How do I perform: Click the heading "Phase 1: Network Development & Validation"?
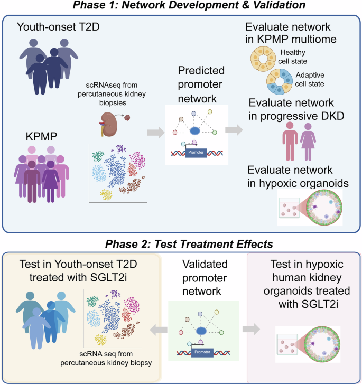pyautogui.click(x=181, y=6)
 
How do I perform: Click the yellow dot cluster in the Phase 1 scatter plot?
pyautogui.click(x=107, y=194)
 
